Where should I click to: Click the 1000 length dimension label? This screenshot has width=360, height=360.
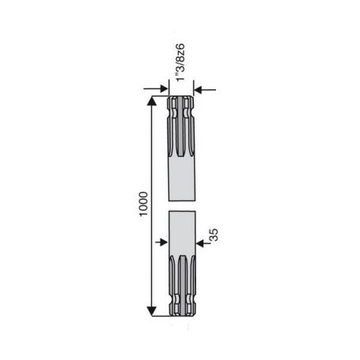tap(143, 204)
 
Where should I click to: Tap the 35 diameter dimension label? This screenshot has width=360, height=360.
tap(214, 235)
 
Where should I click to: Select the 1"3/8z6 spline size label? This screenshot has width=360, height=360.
tap(180, 63)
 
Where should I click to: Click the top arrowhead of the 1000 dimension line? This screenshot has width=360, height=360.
tap(151, 101)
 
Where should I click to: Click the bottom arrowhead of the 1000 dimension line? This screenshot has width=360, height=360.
tap(151, 311)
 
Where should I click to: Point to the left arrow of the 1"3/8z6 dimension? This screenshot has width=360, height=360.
tap(156, 89)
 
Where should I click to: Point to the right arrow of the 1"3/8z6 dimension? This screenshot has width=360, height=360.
tap(205, 90)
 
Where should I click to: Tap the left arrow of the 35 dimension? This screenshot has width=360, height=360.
tap(161, 242)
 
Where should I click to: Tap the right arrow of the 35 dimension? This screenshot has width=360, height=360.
tap(203, 243)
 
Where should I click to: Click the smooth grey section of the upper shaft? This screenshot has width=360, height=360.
tap(182, 180)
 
